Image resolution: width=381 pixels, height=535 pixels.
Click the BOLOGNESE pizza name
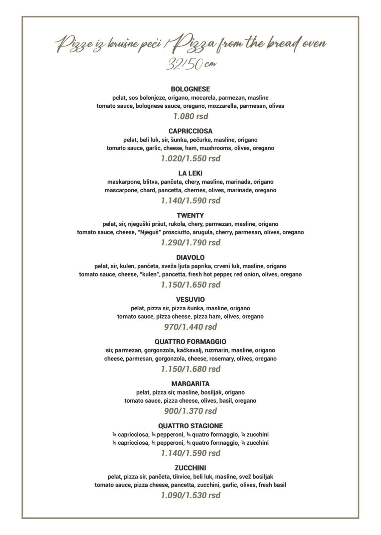click(x=190, y=89)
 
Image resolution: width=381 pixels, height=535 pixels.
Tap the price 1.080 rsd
click(x=190, y=116)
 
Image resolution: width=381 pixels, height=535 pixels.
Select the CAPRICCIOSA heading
click(x=190, y=131)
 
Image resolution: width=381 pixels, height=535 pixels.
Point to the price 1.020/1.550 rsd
click(x=190, y=158)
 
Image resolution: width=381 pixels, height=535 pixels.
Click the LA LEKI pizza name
click(x=190, y=173)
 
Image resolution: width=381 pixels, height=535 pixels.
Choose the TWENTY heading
click(x=190, y=215)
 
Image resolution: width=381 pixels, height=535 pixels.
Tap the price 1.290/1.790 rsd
click(x=190, y=243)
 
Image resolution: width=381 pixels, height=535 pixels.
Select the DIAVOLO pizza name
click(x=190, y=257)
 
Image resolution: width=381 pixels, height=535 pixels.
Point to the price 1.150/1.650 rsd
click(x=190, y=285)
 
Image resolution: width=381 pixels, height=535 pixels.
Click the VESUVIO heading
click(x=190, y=300)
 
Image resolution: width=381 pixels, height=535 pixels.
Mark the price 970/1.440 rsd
click(x=190, y=327)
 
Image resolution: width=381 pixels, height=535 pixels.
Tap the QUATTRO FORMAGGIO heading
click(x=190, y=342)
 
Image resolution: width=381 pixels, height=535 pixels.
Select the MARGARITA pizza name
click(x=190, y=384)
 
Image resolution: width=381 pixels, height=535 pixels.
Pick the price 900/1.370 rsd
click(x=190, y=411)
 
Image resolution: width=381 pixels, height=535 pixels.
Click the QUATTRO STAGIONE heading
click(x=190, y=426)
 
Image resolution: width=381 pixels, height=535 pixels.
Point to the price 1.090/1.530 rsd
click(x=190, y=496)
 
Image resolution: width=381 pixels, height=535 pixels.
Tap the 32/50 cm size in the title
click(x=190, y=64)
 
